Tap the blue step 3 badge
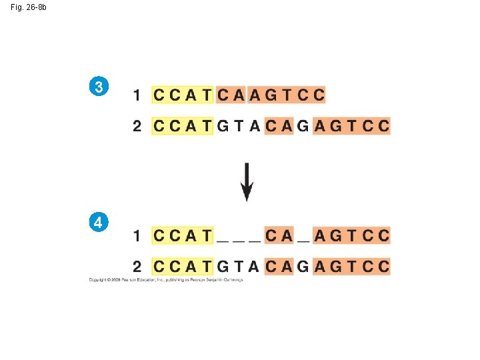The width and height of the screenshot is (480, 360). tap(99, 87)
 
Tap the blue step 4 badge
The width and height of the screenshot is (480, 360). tap(99, 222)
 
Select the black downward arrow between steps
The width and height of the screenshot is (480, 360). tap(247, 181)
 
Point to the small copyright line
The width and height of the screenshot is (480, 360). tap(166, 280)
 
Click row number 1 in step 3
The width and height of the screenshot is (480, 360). tap(137, 95)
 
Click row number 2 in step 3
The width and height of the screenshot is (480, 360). tap(137, 125)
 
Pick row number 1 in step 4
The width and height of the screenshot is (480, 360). tap(137, 235)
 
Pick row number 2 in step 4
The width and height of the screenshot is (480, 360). tap(137, 267)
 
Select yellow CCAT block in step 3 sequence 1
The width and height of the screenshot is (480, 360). tap(182, 95)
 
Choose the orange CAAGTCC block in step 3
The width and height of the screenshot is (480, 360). tap(270, 95)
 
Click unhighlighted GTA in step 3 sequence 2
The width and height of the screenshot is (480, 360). tap(239, 125)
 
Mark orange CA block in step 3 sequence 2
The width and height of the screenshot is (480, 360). tap(279, 125)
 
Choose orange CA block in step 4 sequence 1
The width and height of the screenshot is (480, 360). tap(279, 235)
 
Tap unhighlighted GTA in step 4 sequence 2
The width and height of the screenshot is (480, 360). tap(239, 267)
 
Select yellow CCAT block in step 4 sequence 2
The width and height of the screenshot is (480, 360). tap(182, 267)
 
